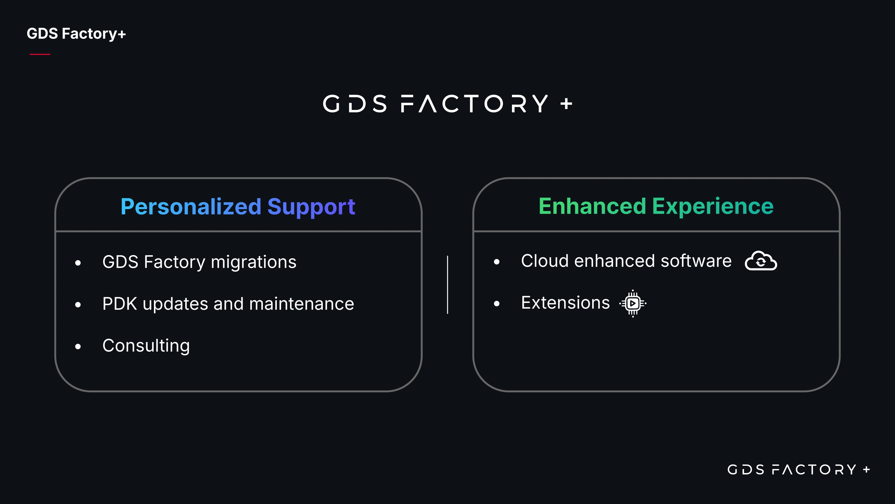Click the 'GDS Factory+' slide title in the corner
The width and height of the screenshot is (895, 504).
pos(76,34)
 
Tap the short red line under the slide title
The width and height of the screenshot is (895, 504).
pos(40,54)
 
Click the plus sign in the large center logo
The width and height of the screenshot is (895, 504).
pos(566,104)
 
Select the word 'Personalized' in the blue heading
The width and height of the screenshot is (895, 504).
pos(191,207)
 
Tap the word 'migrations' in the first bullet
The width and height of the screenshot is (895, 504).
pos(254,262)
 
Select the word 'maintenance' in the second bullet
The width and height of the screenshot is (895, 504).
pos(302,304)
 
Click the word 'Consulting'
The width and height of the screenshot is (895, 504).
pos(146,346)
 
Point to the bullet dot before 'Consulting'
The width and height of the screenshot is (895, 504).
pos(78,347)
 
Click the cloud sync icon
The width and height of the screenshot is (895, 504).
pos(761,261)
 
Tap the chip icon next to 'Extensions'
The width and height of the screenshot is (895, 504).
pos(633,303)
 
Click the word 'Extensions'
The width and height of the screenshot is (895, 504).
pos(565,303)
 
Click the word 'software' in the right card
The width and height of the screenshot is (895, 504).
pos(696,261)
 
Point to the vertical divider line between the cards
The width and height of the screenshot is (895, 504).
pos(447,284)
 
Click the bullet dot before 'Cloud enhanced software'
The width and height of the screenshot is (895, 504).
pos(497,262)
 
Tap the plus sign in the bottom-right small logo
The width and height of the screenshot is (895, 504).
pos(867,470)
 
